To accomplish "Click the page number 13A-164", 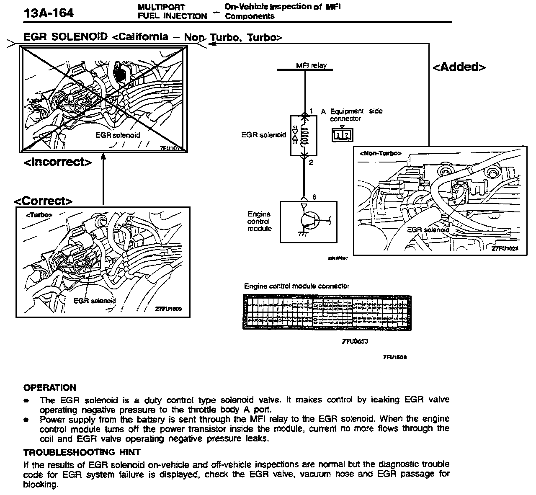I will pos(49,13).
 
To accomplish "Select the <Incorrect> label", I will pos(58,162).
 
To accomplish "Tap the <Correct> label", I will pos(44,201).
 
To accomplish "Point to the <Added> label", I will pos(459,67).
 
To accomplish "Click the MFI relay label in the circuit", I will pos(311,65).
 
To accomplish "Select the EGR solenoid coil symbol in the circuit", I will pos(304,135).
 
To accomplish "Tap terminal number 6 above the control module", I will pos(314,197).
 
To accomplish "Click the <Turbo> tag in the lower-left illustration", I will pos(39,215).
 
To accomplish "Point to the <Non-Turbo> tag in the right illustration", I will pos(380,153).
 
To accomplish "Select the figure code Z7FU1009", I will pos(168,309).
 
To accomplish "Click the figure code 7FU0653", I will pos(355,341).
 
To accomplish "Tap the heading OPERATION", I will pos(50,387).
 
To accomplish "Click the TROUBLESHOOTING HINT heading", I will pos(82,452).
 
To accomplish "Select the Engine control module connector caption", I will pos(296,286).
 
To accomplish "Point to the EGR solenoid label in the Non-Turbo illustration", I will pos(428,229).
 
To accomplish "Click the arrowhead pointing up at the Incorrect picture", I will pos(103,157).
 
